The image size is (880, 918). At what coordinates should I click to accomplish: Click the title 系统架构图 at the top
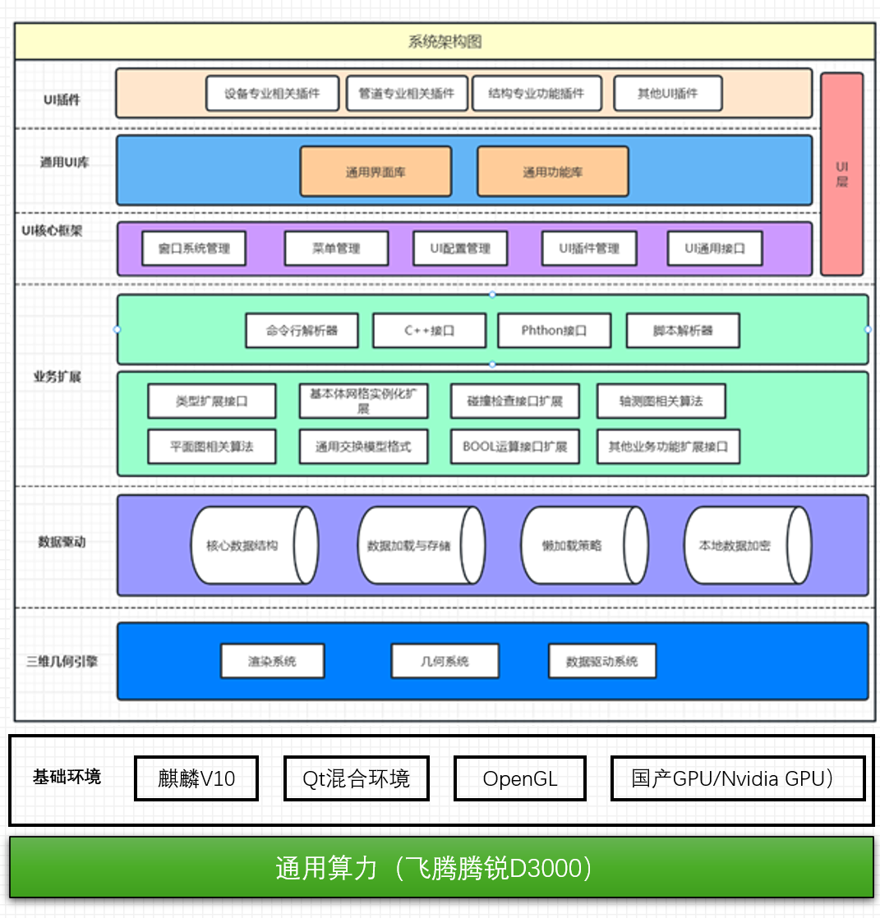point(445,42)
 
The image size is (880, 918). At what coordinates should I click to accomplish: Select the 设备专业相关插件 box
point(272,94)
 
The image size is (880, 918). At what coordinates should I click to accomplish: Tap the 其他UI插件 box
point(667,94)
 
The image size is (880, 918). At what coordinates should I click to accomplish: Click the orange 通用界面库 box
point(375,172)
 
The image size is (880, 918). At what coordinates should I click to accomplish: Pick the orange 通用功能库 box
point(552,172)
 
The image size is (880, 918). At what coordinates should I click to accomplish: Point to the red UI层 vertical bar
point(841,174)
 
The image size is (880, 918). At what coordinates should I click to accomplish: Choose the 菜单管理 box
point(336,248)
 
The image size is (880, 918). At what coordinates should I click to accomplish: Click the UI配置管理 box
point(460,248)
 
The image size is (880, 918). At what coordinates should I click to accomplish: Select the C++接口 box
point(430,331)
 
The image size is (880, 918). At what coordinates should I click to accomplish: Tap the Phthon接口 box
point(554,331)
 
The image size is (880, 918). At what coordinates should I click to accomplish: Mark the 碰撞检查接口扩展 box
point(514,402)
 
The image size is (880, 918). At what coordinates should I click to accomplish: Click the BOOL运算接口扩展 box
point(514,447)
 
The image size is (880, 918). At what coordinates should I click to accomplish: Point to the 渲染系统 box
point(272,661)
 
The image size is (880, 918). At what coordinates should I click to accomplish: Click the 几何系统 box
point(445,661)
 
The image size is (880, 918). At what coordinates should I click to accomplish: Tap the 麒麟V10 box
point(196,778)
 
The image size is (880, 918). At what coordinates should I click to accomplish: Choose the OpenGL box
point(519,778)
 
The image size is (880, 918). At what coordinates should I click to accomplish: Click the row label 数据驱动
point(62,542)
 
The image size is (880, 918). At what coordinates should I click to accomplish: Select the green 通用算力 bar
point(441,868)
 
